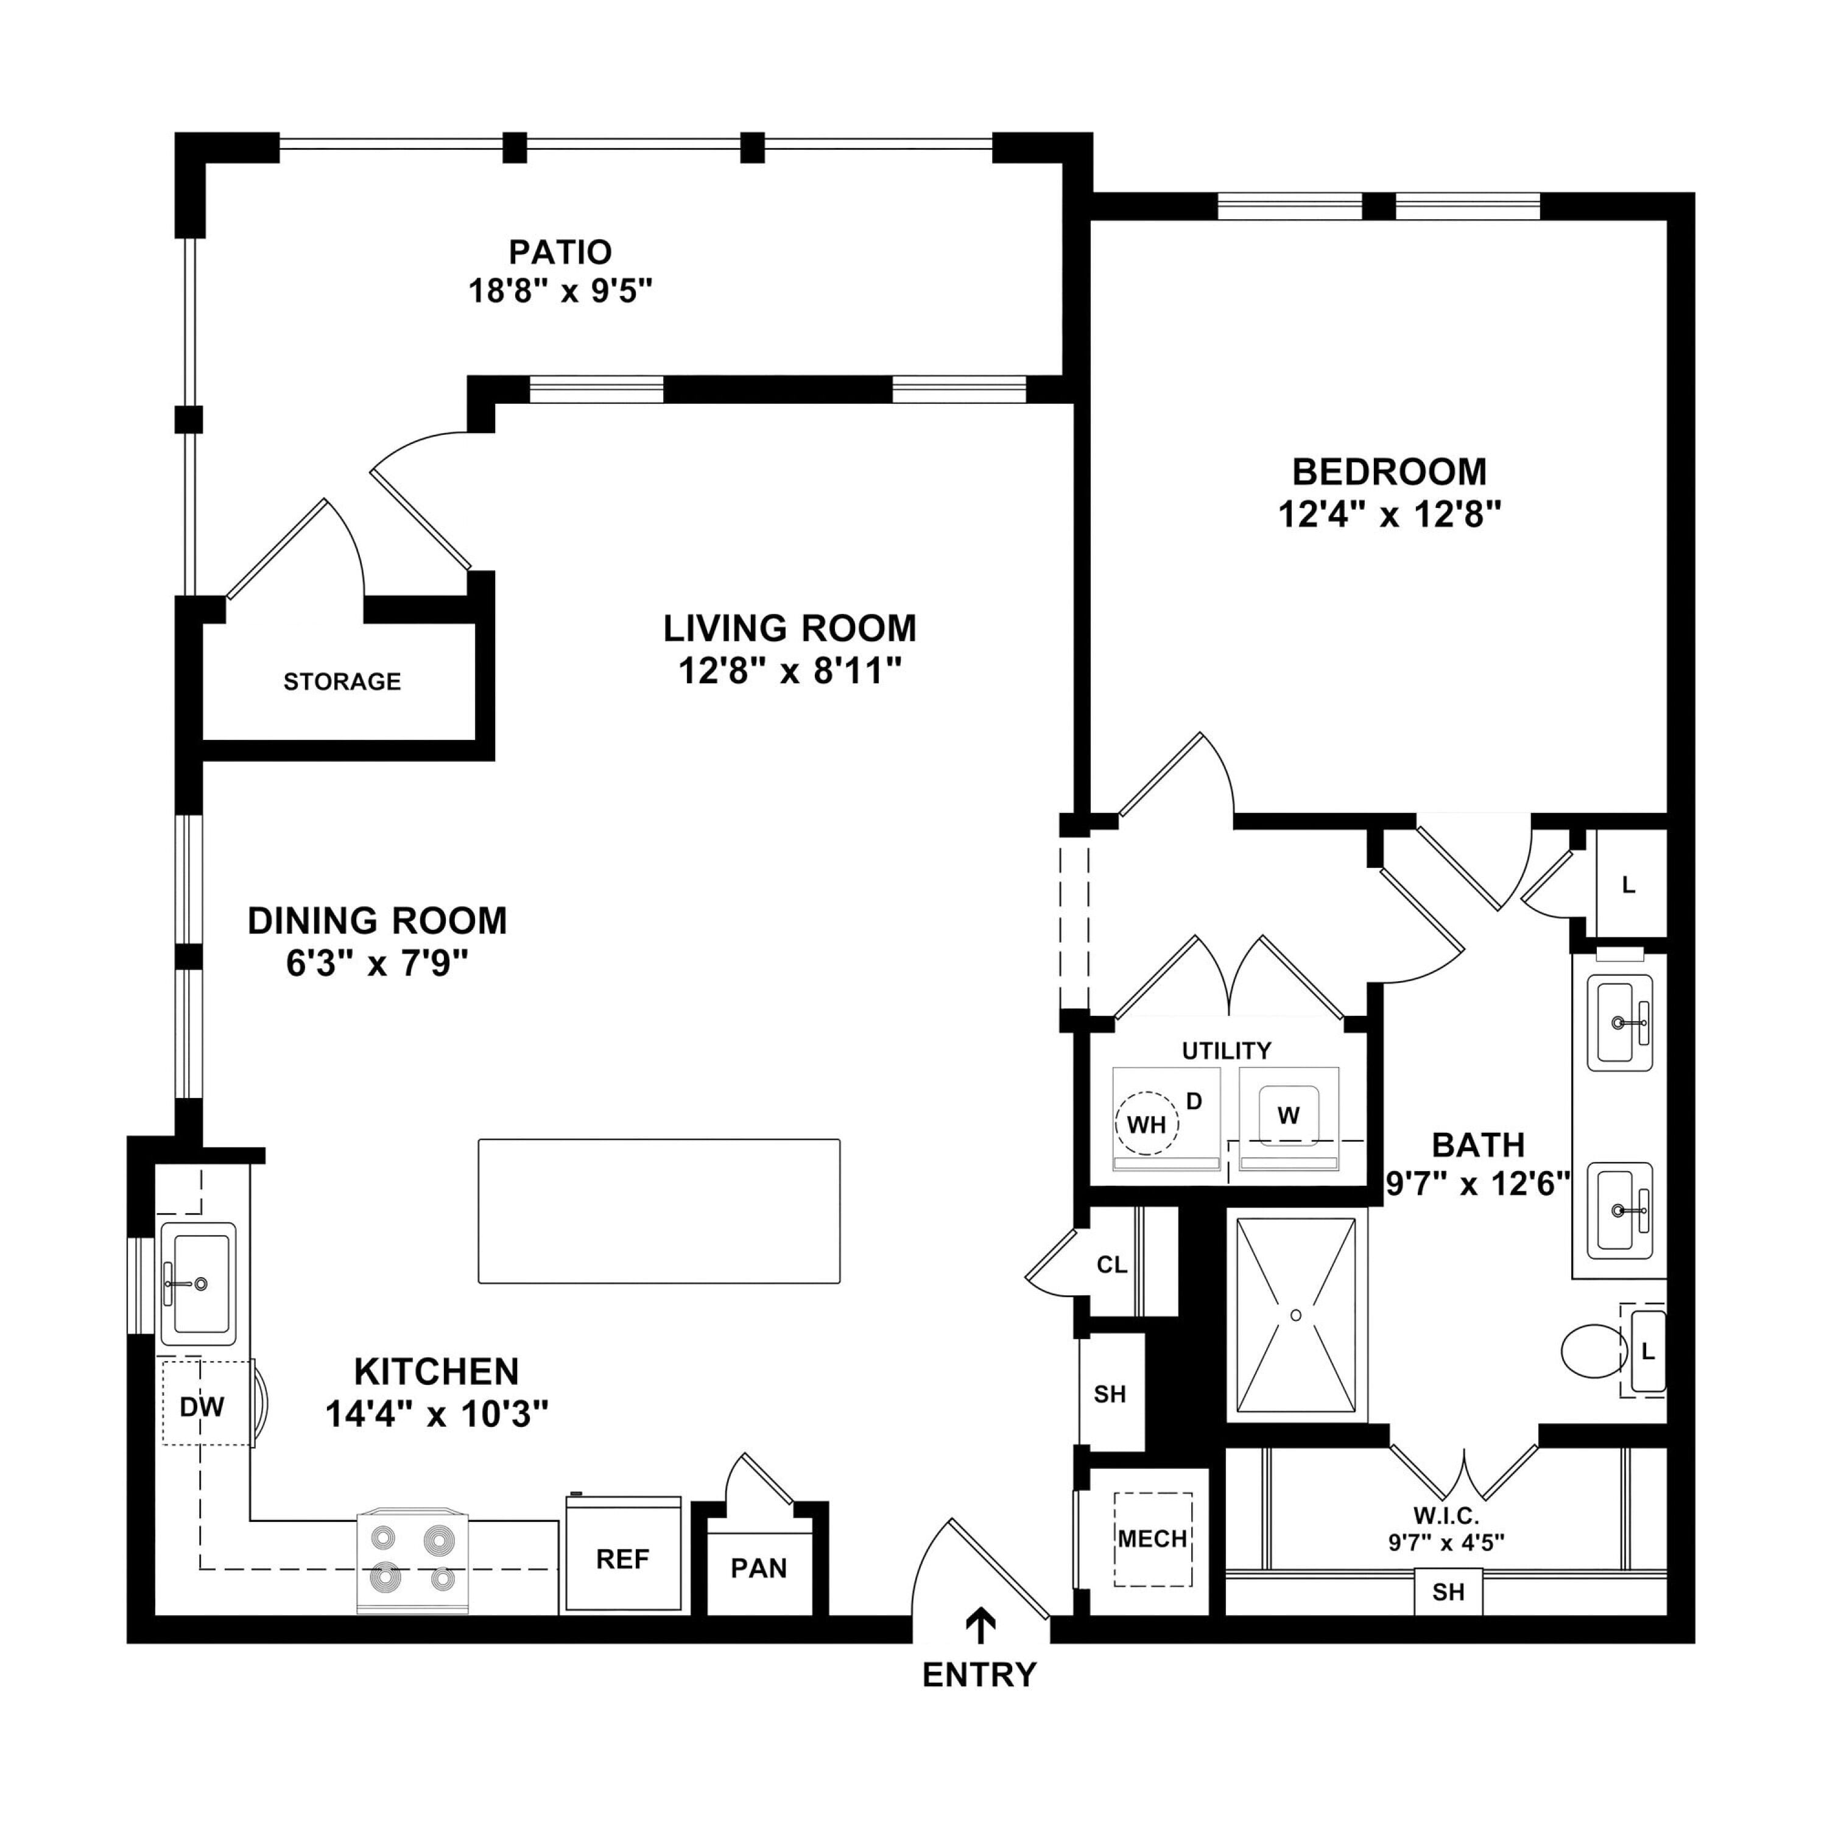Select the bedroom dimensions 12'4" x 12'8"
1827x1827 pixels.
(1389, 515)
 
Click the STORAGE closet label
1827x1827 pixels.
(342, 682)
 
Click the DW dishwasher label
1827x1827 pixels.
(202, 1407)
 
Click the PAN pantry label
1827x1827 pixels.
(758, 1569)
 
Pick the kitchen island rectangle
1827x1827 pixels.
(659, 1211)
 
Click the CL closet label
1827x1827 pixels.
(1112, 1266)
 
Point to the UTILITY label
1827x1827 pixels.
(1227, 1051)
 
